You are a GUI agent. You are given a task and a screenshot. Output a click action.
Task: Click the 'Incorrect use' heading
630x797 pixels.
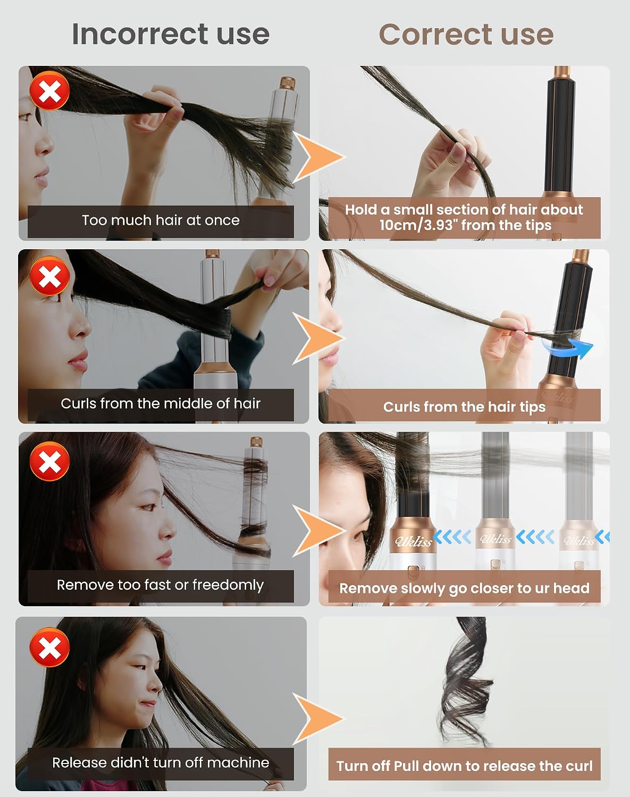click(171, 34)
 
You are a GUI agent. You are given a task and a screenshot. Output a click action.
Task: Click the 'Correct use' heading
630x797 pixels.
click(466, 35)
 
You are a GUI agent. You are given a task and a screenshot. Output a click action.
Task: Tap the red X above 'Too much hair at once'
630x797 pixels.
click(49, 91)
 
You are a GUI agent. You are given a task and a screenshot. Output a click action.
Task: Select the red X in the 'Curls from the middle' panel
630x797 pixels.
click(49, 276)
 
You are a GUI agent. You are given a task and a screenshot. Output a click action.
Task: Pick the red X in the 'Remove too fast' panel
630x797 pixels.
click(49, 461)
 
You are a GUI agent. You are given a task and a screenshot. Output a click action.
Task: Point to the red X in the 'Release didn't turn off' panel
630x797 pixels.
click(49, 647)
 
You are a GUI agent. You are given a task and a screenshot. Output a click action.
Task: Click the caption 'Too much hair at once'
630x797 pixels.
click(161, 221)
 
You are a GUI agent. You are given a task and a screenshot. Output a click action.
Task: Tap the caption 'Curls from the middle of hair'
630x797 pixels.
click(161, 403)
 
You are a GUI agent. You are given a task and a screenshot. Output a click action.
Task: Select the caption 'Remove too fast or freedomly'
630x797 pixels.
click(161, 585)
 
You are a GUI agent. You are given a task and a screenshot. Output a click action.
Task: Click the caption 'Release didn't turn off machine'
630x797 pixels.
click(161, 762)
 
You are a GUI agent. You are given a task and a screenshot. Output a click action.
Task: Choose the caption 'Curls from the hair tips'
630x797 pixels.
click(464, 407)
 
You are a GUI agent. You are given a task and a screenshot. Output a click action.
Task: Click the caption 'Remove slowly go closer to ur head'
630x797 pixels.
click(464, 589)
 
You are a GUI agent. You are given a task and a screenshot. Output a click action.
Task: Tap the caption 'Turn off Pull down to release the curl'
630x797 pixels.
click(464, 766)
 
